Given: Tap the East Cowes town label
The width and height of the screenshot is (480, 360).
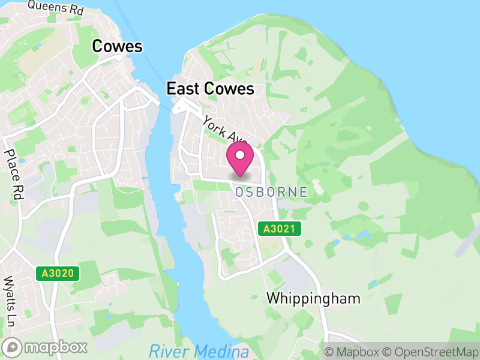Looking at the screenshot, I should [210, 89].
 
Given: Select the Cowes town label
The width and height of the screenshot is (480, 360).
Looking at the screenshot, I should [117, 47].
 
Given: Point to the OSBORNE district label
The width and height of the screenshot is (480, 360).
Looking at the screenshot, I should [271, 192].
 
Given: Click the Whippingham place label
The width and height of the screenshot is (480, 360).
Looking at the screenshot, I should [313, 298].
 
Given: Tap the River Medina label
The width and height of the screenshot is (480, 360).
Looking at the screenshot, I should [199, 350].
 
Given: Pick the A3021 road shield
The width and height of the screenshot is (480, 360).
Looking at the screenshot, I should [279, 229].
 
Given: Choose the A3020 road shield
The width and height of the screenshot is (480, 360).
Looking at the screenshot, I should [58, 274].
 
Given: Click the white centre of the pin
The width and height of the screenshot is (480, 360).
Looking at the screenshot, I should [240, 155].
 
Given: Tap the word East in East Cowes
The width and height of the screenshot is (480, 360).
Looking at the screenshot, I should [182, 89].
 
